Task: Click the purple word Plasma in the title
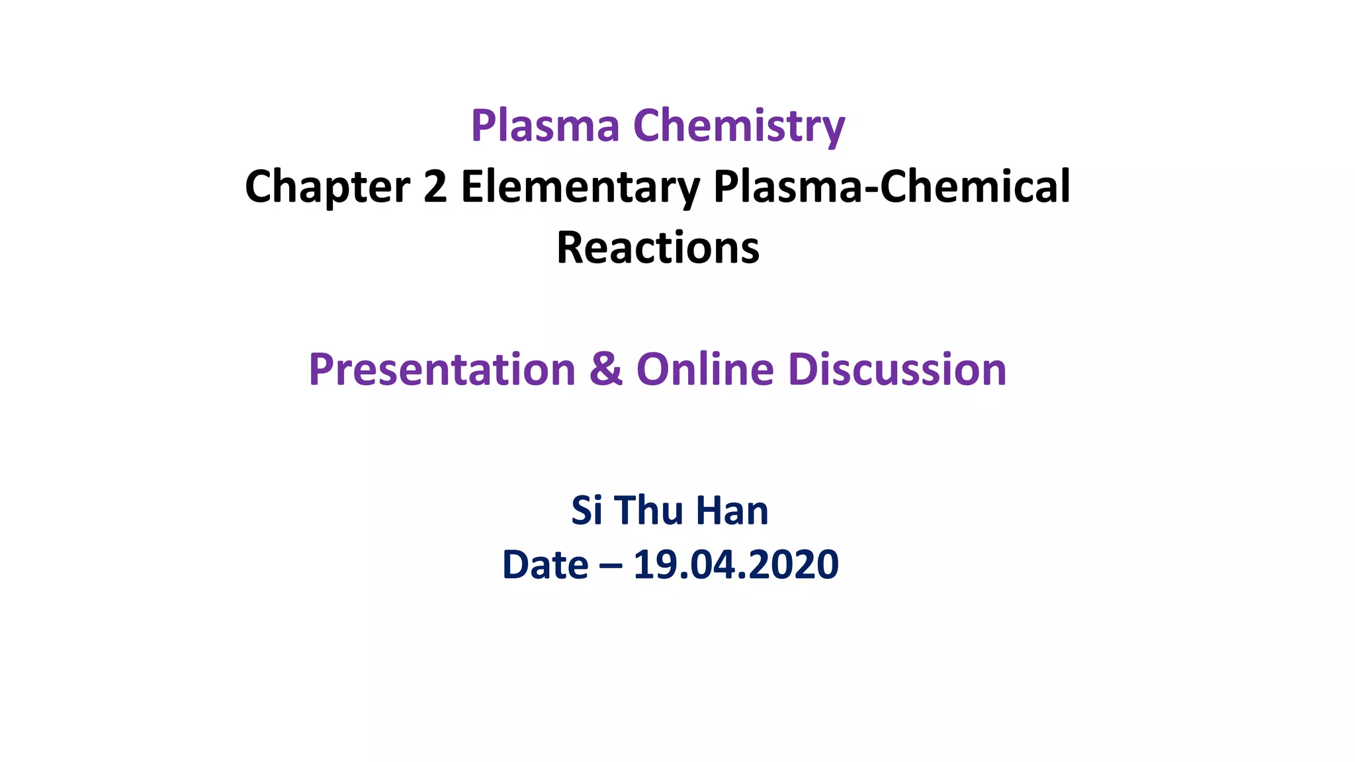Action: pyautogui.click(x=545, y=126)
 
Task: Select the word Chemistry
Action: pyautogui.click(x=739, y=126)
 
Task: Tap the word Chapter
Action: pyautogui.click(x=328, y=187)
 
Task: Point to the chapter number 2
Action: pyautogui.click(x=435, y=187)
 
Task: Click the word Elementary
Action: pyautogui.click(x=580, y=187)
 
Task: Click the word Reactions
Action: pyautogui.click(x=658, y=248)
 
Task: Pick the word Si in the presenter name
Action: pyautogui.click(x=586, y=511)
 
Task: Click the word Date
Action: pyautogui.click(x=545, y=565)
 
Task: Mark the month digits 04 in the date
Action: pyautogui.click(x=709, y=565)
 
